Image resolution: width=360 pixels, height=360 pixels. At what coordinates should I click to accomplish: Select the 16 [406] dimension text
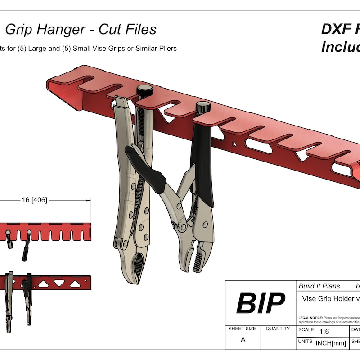point(34,200)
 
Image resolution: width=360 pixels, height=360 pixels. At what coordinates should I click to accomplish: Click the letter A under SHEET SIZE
point(243,340)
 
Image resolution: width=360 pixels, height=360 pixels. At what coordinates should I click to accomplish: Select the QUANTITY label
point(278,328)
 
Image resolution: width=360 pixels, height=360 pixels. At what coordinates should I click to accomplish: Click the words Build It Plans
point(319,286)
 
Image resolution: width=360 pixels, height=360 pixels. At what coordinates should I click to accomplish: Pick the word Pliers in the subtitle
point(166,48)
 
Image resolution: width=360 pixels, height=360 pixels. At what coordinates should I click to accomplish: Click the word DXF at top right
point(336,30)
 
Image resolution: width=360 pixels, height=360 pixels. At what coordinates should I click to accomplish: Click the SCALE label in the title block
point(306,329)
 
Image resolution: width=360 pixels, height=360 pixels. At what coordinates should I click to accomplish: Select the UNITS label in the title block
point(306,342)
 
